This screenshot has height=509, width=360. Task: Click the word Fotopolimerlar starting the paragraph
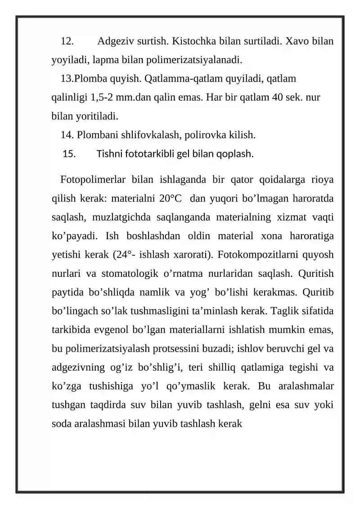pos(92,180)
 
